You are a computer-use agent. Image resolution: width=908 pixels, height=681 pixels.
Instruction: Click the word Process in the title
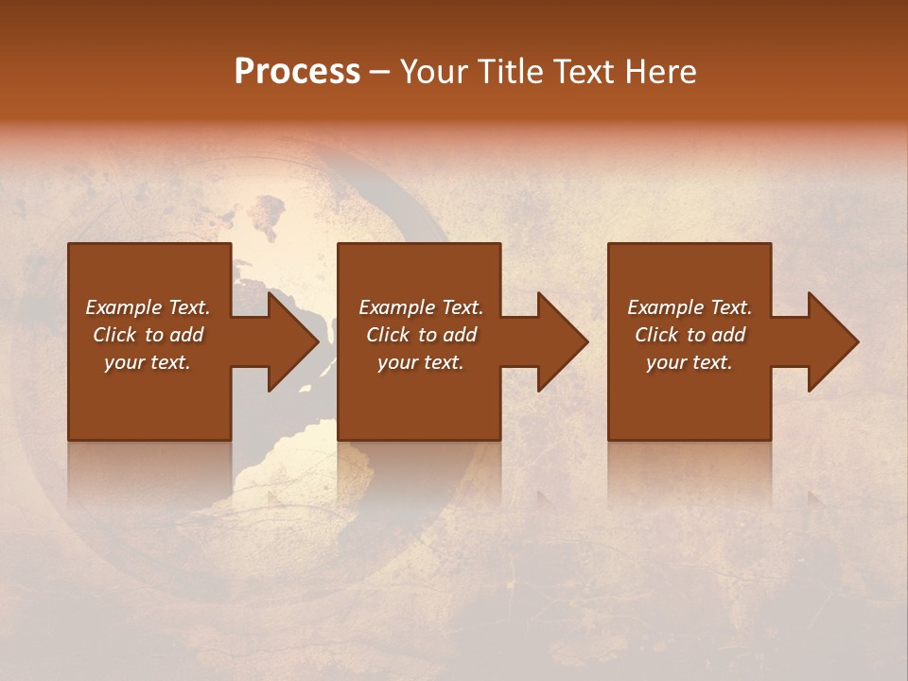pos(297,72)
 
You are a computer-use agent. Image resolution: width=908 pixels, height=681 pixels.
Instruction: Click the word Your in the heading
pos(432,72)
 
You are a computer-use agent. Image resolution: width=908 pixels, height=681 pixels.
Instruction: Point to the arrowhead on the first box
pos(289,341)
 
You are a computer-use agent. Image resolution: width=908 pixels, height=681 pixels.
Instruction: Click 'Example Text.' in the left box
pos(148,307)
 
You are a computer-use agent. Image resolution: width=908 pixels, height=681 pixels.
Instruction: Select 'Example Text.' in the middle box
pos(421,307)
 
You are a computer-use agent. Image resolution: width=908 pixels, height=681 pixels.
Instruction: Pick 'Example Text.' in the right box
pos(690,307)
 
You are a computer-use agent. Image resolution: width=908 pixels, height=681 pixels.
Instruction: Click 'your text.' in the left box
pos(148,362)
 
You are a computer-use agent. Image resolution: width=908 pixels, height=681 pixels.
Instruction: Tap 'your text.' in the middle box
pos(421,362)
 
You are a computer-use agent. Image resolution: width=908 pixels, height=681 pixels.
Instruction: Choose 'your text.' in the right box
pos(690,362)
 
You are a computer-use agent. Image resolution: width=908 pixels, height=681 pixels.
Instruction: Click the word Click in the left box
pos(115,335)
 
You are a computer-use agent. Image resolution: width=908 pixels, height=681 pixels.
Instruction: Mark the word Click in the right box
pos(657,335)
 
